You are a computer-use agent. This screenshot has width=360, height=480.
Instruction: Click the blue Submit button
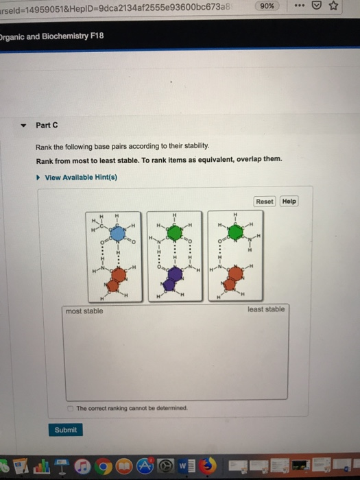[67, 430]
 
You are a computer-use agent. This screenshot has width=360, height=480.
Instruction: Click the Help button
[289, 202]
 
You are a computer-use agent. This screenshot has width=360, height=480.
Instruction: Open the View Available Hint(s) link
[81, 178]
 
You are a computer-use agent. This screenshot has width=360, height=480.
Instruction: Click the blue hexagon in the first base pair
[119, 233]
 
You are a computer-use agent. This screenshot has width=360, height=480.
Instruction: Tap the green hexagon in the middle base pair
[176, 233]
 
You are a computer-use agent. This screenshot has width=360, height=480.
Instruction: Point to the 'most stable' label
[84, 311]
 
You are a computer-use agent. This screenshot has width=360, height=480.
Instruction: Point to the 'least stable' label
[266, 309]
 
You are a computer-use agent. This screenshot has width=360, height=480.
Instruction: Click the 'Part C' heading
[47, 125]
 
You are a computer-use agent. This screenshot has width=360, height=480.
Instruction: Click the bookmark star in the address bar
[335, 7]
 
